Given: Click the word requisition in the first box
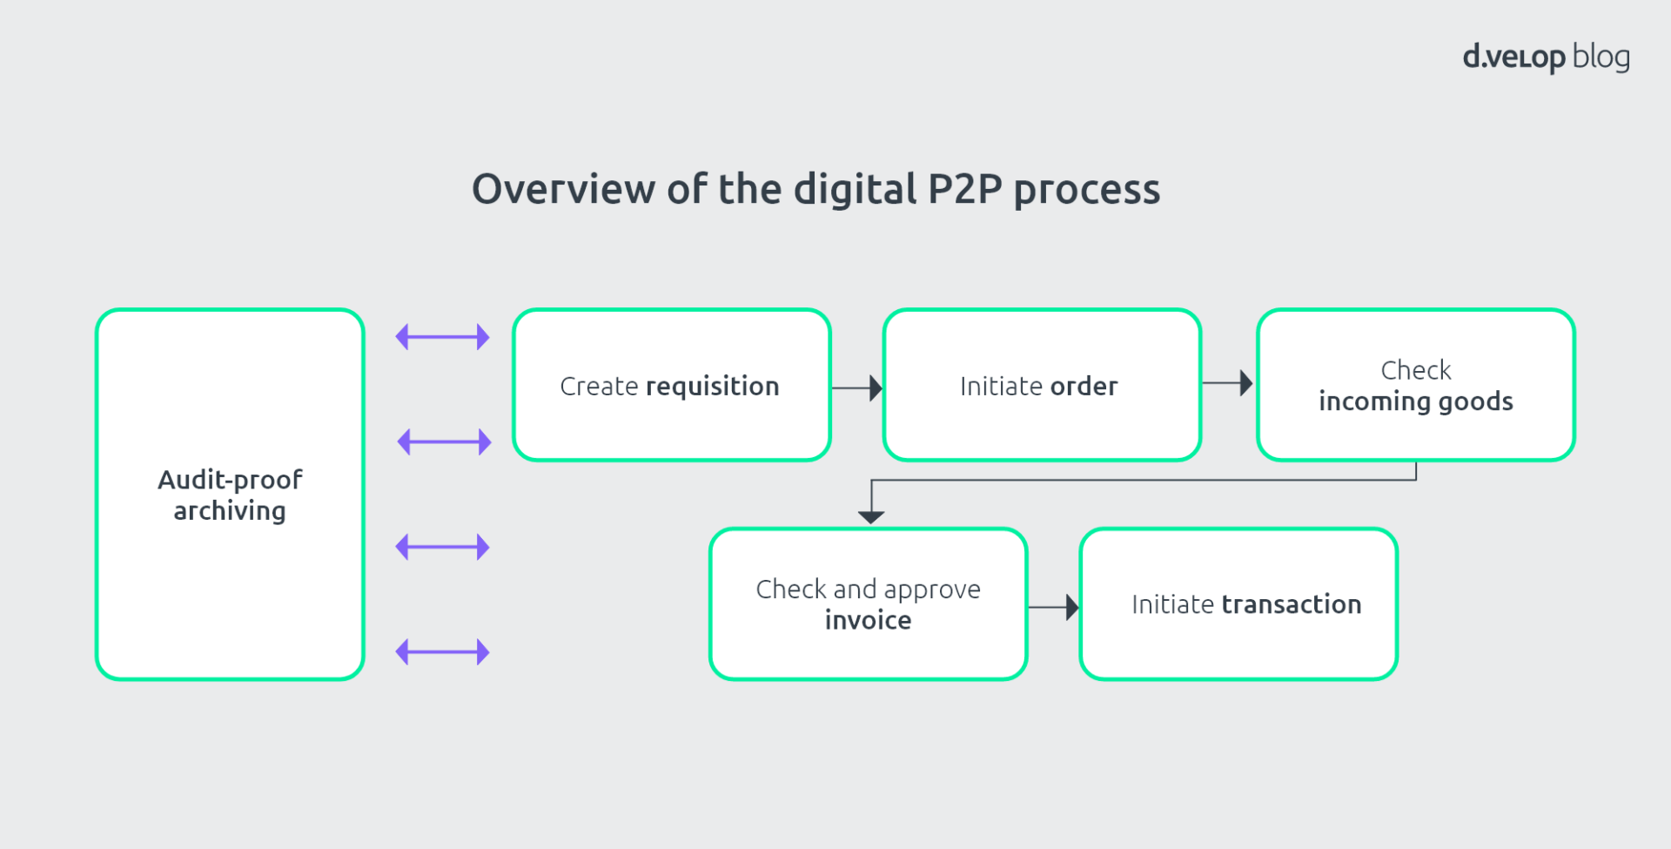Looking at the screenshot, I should point(712,387).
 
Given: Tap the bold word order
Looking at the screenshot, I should point(1084,387).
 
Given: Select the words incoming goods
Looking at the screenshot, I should point(1415,401).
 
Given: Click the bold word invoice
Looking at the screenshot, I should point(868,620).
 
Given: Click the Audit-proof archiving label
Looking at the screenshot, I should point(230,495).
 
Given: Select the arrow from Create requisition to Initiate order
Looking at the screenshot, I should point(857,387).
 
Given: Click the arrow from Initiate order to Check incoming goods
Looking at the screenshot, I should point(1228,383).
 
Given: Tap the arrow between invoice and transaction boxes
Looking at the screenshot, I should point(1054,607).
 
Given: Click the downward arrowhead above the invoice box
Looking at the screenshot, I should point(871,515).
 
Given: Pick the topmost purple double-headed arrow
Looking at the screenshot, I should point(442,337).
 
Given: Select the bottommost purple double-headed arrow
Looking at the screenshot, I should point(442,651).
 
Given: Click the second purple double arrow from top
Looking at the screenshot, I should point(444,441).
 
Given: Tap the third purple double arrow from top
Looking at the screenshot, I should point(442,547).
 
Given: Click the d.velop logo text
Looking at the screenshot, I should point(1513,57).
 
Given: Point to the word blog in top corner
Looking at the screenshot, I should point(1601,57).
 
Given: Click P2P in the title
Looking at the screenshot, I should point(965,189).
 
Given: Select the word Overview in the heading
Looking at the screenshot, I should point(563,189).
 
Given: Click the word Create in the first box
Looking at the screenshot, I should point(599,387).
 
